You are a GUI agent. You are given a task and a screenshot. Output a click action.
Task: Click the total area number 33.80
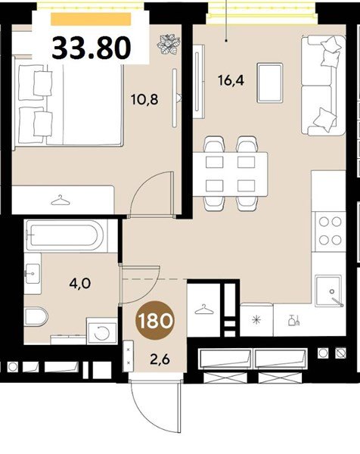pos(92,48)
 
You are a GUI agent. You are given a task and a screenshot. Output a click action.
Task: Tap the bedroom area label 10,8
pos(144,100)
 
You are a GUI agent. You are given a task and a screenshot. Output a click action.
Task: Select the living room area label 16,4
pos(231,80)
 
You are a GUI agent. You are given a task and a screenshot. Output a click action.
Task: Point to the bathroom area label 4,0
pos(80,283)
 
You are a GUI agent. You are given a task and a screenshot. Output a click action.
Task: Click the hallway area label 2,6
pos(160,359)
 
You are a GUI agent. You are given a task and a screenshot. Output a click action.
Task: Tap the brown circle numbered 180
pos(156,320)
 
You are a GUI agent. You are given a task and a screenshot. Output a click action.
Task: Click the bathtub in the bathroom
pos(66,235)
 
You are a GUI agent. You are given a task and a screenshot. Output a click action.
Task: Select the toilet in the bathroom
pos(36,316)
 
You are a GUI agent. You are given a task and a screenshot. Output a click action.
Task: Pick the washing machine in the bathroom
pos(102,331)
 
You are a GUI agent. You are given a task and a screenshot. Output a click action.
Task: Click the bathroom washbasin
pos(33,273)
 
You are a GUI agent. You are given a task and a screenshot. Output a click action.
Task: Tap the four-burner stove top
pos(331,232)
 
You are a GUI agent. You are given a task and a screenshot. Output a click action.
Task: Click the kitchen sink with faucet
pos(329,291)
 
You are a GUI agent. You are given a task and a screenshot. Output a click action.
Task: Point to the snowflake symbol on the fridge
pos(256,320)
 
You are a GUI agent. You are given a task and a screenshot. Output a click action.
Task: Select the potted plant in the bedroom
pos(169,45)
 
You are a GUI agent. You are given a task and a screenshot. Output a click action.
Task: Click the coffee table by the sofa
pos(270,83)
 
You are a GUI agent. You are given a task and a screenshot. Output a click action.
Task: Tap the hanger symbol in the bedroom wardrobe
pos(61,200)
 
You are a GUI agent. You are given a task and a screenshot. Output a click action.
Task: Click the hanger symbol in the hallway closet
pos(204,309)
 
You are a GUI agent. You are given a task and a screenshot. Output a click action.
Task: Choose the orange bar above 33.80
pos(91,19)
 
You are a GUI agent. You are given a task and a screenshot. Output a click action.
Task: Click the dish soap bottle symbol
pos(293,320)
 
